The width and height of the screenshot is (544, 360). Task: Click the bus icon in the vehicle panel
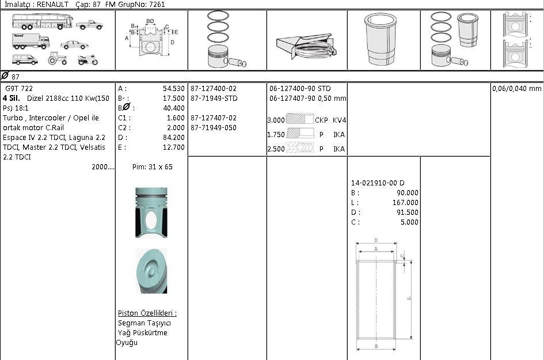click(x=43, y=21)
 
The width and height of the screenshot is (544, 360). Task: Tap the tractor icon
click(x=57, y=58)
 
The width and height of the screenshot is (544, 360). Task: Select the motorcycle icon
click(x=88, y=60)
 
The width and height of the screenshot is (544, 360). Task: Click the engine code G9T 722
click(x=19, y=89)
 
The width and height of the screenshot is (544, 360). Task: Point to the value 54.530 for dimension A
click(x=174, y=89)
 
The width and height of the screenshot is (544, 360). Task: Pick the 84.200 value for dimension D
click(x=174, y=138)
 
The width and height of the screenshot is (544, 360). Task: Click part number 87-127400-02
click(x=214, y=89)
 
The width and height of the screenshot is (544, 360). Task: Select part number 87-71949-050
click(x=214, y=128)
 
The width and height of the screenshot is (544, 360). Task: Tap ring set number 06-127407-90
click(x=292, y=98)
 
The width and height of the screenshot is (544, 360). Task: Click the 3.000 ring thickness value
click(x=276, y=120)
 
